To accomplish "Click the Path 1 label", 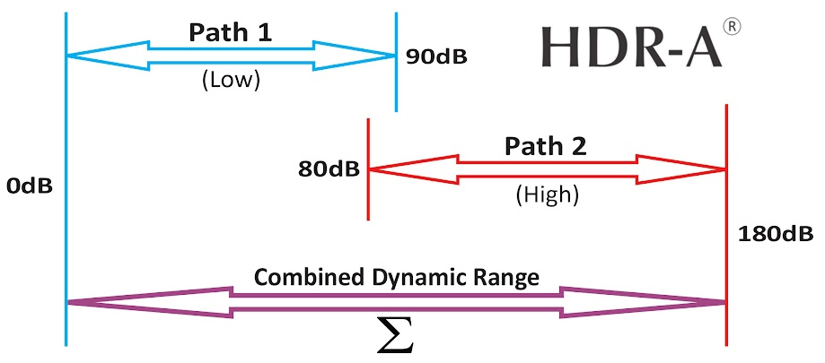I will coord(230,32).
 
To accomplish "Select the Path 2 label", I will coord(545,145).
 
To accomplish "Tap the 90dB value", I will coord(436,57).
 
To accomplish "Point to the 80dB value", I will coord(332,169).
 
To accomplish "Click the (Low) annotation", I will coord(231,80).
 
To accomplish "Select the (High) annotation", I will coord(548,193).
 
